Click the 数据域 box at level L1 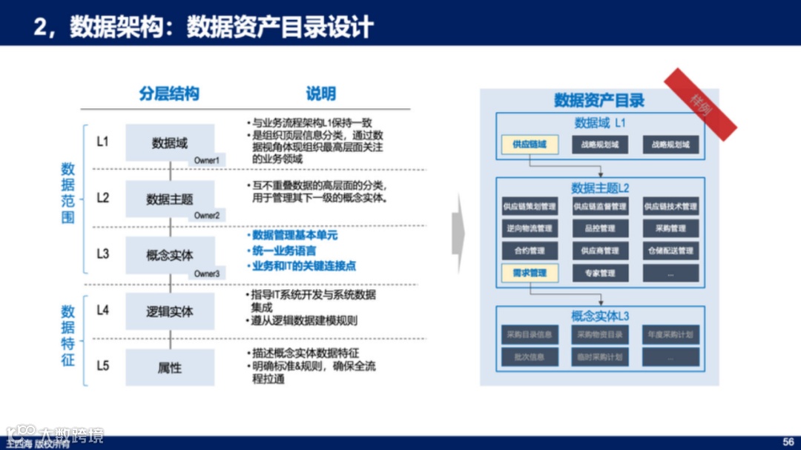pos(170,142)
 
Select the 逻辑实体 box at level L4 pos(170,311)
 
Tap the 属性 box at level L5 pos(170,368)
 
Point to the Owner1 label pos(207,160)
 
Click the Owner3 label pos(207,274)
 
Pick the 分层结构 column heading pos(169,94)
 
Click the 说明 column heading pos(320,94)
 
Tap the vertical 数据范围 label pos(68,193)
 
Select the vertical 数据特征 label pos(68,335)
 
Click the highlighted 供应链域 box pos(529,145)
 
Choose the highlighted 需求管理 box pos(529,273)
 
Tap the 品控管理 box pos(599,228)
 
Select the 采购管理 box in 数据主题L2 pos(670,228)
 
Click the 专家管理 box pos(599,273)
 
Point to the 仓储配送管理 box pos(670,251)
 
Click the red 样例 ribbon pos(699,104)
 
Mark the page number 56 pos(788,441)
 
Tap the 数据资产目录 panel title pos(599,100)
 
